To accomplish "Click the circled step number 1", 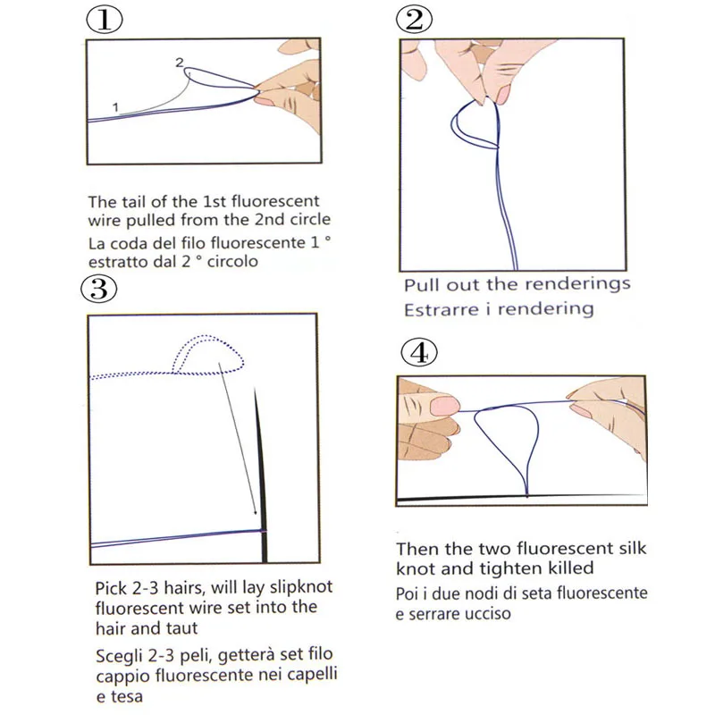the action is (105, 20).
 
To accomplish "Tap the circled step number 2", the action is (414, 20).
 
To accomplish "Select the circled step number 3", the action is (99, 289).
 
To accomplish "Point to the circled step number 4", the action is (419, 352).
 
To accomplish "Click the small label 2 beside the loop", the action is (180, 63).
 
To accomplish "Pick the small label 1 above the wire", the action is (115, 107).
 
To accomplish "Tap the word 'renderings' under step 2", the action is (577, 284).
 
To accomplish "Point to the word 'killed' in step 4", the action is (570, 568).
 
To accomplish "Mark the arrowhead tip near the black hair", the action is (257, 515).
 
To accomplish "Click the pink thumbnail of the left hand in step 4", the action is (445, 406).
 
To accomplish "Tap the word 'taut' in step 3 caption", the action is (182, 628).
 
